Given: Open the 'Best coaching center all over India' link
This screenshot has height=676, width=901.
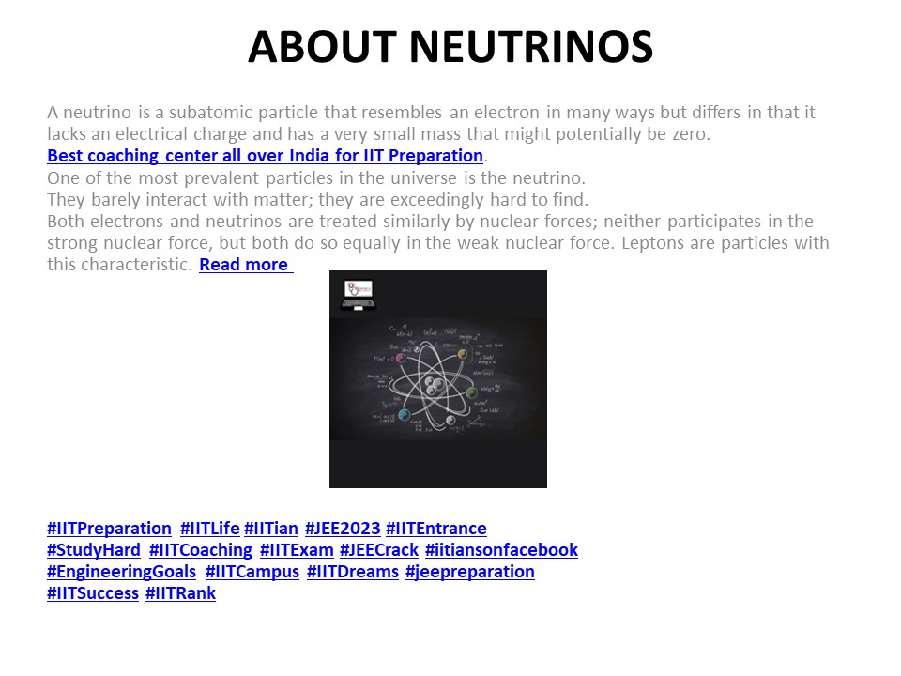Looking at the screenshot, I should [x=265, y=156].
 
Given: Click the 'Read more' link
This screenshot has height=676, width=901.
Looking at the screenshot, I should [x=244, y=265].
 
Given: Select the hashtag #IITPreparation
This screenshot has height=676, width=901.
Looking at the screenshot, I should [x=109, y=529].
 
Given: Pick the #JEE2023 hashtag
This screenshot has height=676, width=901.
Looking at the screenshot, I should [x=342, y=529].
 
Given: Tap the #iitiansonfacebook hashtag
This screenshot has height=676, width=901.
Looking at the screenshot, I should [x=501, y=550].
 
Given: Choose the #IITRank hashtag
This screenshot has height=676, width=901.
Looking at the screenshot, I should [x=180, y=593].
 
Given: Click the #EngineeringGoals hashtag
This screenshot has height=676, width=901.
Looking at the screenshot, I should [x=121, y=572].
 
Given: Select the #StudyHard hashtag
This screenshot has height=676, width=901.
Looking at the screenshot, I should [x=94, y=550].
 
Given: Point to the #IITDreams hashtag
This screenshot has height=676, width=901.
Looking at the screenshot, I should [x=352, y=572].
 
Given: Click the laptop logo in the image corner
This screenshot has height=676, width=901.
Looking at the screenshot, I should [x=358, y=294].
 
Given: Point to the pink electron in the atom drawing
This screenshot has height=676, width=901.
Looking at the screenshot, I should [x=401, y=358].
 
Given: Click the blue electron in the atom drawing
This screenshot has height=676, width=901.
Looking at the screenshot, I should [x=404, y=415].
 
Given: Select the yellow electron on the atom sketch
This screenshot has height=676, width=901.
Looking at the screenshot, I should [x=462, y=354].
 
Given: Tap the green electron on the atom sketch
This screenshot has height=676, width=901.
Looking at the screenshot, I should [x=472, y=392].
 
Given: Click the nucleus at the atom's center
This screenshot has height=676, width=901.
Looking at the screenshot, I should [x=433, y=385].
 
